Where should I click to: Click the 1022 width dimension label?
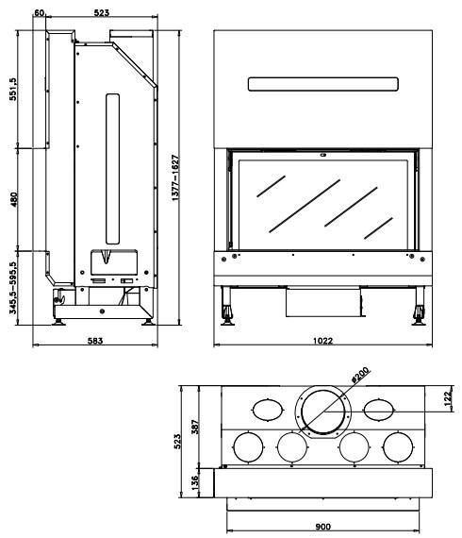pyautogui.click(x=322, y=341)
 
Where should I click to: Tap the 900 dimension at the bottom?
pyautogui.click(x=322, y=527)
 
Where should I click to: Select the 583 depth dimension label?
pyautogui.click(x=95, y=341)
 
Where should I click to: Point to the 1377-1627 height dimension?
pyautogui.click(x=175, y=177)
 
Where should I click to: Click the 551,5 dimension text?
pyautogui.click(x=13, y=89)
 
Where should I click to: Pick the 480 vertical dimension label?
pyautogui.click(x=14, y=200)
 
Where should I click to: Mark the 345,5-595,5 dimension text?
pyautogui.click(x=13, y=288)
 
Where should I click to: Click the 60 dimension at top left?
pyautogui.click(x=40, y=12)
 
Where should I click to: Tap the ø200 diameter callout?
pyautogui.click(x=360, y=375)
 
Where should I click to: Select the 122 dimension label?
pyautogui.click(x=448, y=398)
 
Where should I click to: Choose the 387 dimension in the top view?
pyautogui.click(x=195, y=427)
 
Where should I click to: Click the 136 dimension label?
pyautogui.click(x=194, y=483)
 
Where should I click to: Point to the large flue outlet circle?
pyautogui.click(x=322, y=411)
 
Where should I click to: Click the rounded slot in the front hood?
pyautogui.click(x=322, y=84)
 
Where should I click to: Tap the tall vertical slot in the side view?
pyautogui.click(x=112, y=169)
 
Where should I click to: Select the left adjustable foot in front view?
pyautogui.click(x=227, y=306)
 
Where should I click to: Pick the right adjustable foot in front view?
pyautogui.click(x=419, y=306)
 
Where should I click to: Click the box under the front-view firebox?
pyautogui.click(x=323, y=302)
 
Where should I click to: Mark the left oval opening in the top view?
pyautogui.click(x=268, y=410)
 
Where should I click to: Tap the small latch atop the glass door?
pyautogui.click(x=322, y=155)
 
